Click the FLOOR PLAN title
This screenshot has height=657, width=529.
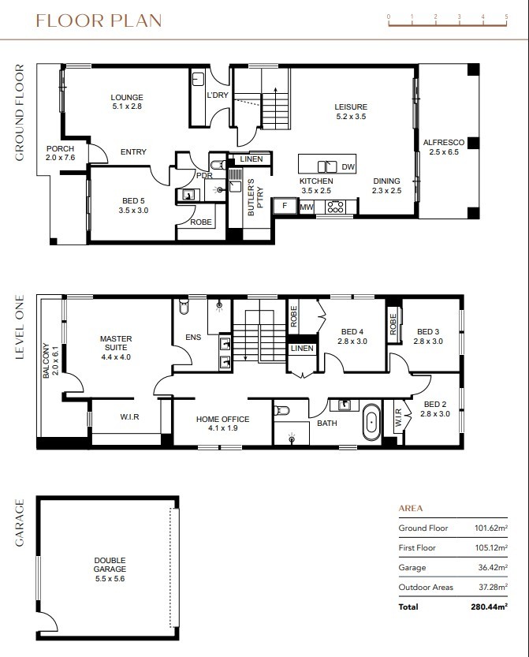(x=99, y=21)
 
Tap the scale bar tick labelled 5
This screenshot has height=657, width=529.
(x=506, y=17)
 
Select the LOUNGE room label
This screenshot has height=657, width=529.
(x=127, y=97)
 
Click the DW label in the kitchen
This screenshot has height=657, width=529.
(x=348, y=166)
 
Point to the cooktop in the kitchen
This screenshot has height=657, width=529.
(x=336, y=207)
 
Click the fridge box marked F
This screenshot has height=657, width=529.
(x=285, y=206)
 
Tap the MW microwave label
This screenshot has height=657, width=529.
(x=307, y=207)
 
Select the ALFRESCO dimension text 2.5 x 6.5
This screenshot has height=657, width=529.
(x=444, y=152)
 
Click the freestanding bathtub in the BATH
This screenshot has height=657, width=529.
(x=371, y=421)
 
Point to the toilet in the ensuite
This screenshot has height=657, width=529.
(x=184, y=306)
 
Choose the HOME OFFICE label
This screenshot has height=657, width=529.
(x=223, y=419)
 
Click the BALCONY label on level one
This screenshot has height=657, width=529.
(x=46, y=360)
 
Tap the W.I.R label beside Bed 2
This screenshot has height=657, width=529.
(x=398, y=418)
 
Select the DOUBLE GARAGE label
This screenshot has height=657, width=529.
(x=110, y=565)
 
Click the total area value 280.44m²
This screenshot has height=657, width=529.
(x=490, y=607)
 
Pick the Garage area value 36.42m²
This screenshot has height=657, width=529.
(x=493, y=567)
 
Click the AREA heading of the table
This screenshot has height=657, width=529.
(x=411, y=508)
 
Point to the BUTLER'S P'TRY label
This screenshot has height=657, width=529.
(x=255, y=197)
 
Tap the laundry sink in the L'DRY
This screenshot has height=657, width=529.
(x=198, y=79)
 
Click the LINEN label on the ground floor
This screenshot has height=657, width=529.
(x=251, y=159)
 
